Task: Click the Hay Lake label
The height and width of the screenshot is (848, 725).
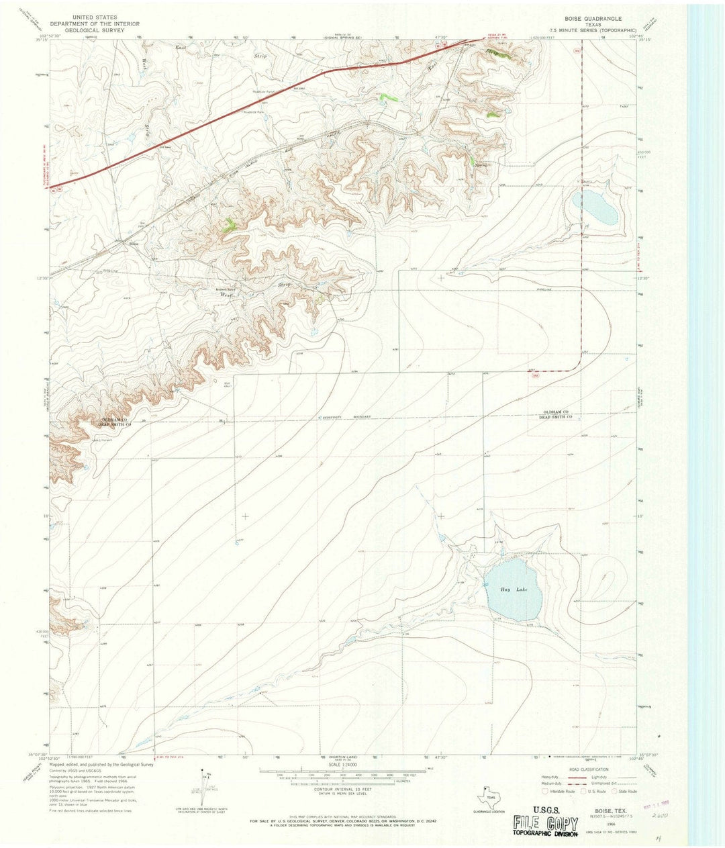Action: [x=514, y=590]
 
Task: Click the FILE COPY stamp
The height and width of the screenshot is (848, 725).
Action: [x=545, y=823]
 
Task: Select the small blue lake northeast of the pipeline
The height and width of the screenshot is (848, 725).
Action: [x=594, y=208]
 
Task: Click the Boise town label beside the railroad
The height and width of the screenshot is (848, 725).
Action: [x=134, y=244]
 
